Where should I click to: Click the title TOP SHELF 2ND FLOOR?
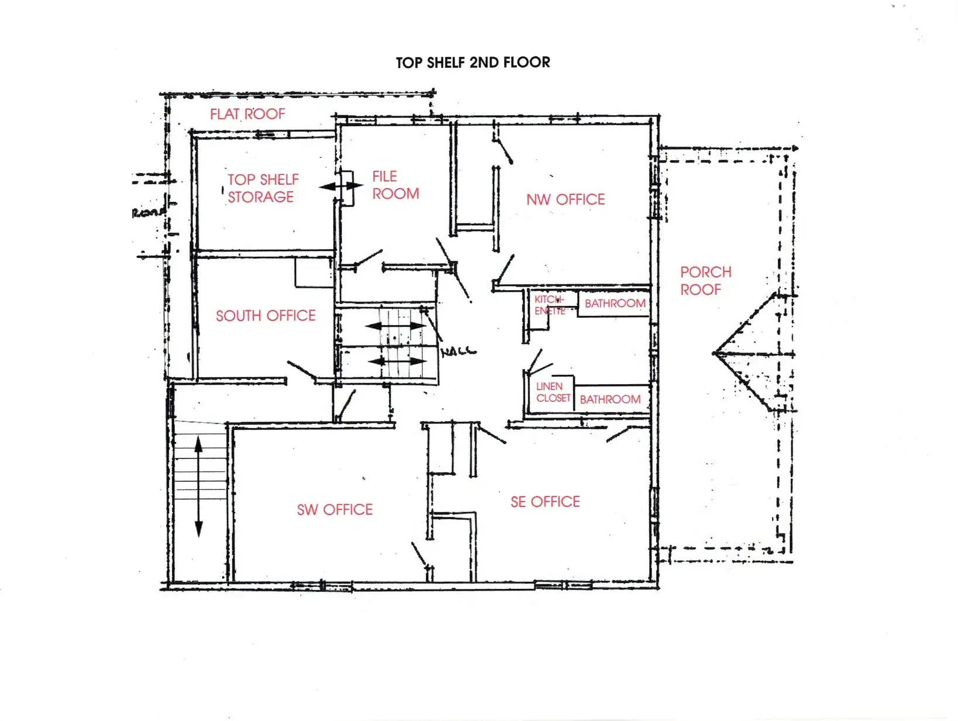point(473,63)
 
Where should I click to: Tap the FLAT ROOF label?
point(247,114)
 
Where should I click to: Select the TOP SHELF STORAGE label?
point(263,188)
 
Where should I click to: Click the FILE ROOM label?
point(395,185)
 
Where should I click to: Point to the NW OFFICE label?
point(565,199)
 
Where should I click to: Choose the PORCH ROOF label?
point(705,281)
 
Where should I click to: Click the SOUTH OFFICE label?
point(266,316)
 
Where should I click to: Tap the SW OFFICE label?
point(335,510)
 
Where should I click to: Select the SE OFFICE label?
point(545,502)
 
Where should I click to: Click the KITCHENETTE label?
point(549,305)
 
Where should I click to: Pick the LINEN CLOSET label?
point(553,392)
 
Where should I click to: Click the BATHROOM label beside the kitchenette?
point(615,303)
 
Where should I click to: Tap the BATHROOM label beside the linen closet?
point(610,399)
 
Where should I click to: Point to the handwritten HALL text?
point(459,351)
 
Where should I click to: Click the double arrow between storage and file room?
point(340,187)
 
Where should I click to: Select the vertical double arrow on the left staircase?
point(198,487)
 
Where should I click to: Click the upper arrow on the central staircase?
point(396,326)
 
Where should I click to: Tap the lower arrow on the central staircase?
point(398,361)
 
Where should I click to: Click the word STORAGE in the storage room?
point(261,197)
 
